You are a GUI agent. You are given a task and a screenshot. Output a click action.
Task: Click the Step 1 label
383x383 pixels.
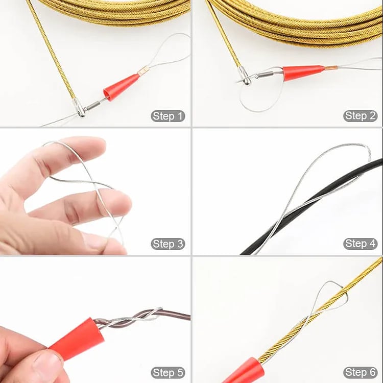[168, 116]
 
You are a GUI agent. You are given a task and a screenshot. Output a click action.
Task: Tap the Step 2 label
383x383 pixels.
[361, 116]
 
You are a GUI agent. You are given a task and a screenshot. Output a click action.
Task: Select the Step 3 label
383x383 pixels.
[168, 244]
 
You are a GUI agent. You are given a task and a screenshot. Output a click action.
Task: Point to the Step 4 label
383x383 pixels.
[361, 244]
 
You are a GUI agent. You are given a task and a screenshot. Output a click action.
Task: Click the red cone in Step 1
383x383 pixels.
[121, 86]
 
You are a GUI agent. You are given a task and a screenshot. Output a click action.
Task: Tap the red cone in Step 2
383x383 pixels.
[302, 73]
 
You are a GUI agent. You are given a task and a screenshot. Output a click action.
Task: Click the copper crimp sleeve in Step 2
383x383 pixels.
[330, 67]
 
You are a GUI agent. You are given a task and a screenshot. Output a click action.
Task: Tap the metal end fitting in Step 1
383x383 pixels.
[79, 108]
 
